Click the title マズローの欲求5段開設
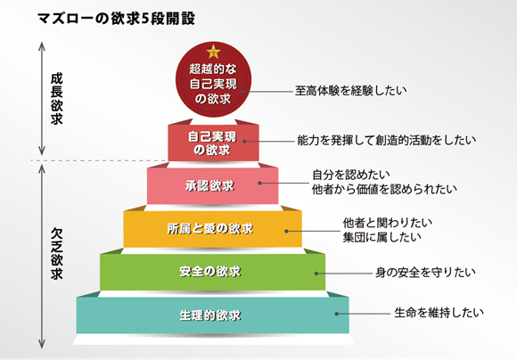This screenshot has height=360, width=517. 116,18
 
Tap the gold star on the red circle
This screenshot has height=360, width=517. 213,52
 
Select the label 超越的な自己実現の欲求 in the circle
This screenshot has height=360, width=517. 213,84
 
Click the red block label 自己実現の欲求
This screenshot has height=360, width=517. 212,143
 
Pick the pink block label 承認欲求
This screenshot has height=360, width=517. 209,185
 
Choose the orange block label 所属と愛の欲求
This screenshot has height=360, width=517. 210,228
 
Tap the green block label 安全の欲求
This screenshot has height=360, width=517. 210,271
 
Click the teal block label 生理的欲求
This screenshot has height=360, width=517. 210,315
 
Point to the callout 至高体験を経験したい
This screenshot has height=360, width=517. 351,90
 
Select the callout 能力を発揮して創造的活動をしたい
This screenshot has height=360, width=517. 387,140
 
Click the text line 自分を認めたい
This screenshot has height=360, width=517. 351,175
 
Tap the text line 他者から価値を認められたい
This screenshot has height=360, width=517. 384,189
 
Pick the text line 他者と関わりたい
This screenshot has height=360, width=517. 388,223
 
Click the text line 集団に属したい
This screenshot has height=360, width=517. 382,237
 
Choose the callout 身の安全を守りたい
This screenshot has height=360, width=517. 426,273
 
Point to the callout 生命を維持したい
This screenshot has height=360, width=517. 439,312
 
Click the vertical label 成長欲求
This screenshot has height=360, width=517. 56,99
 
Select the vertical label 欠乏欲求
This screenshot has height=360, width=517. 56,254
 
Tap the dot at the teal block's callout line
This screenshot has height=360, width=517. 337,314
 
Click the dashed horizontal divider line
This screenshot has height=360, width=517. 99,160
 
